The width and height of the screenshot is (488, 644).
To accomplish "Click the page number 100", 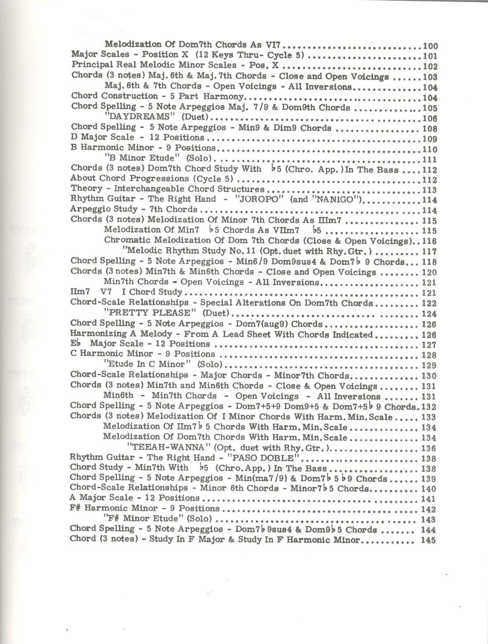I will [430, 46].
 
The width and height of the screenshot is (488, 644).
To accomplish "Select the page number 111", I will [430, 159].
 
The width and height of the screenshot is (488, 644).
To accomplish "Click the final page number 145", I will [429, 540].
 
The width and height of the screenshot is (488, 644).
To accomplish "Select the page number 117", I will [430, 251].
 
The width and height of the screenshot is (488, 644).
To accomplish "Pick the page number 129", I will [430, 365].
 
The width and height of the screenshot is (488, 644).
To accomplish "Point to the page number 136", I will [429, 448].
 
